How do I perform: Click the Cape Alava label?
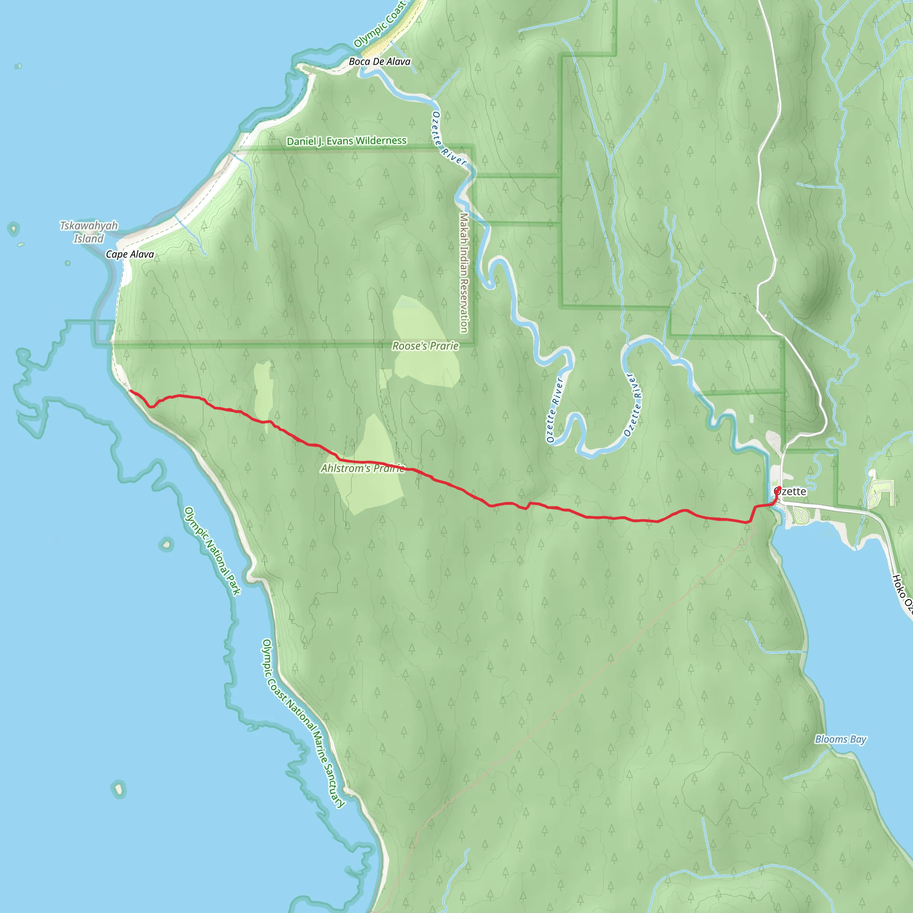point(129,254)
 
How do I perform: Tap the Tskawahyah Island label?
point(88,232)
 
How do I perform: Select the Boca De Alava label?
point(379,62)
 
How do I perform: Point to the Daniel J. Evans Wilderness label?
point(346,141)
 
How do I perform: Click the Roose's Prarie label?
point(425,346)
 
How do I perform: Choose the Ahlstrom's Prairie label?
point(362,469)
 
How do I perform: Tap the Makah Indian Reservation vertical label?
point(464,273)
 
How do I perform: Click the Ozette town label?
point(793,491)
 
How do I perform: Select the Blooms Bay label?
point(840,739)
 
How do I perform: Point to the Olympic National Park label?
point(212,551)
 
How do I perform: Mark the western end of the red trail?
point(131,391)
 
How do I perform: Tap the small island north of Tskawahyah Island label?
point(13,229)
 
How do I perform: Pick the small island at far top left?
point(18,66)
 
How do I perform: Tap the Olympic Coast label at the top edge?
point(380,24)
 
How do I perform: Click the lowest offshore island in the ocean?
point(119,789)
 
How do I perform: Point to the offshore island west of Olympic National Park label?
point(166,544)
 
